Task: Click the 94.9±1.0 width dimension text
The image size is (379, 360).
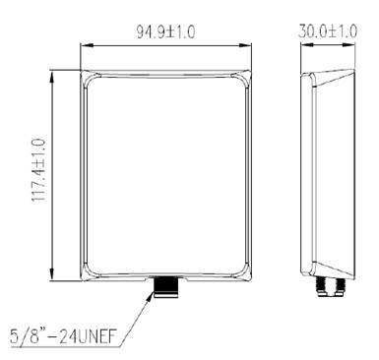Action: click(165, 32)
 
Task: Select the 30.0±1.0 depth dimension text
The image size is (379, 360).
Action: click(328, 31)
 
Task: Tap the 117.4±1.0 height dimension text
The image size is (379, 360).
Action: click(38, 170)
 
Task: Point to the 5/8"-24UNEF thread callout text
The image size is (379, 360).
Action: click(63, 336)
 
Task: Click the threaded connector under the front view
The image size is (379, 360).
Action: click(166, 287)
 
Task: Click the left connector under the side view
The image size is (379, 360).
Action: click(322, 286)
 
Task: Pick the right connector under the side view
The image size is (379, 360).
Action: click(341, 286)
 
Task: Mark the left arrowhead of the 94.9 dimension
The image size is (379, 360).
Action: click(86, 45)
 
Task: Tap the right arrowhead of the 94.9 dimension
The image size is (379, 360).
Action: click(245, 45)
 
